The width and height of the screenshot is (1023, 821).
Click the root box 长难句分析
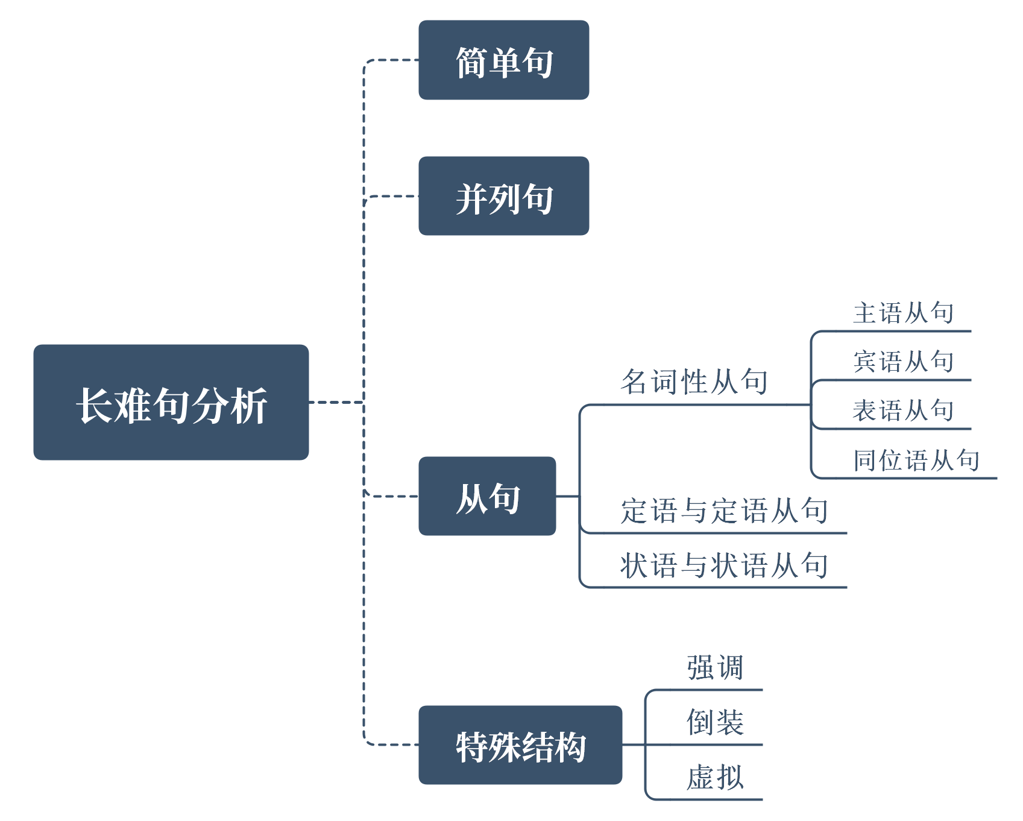171,402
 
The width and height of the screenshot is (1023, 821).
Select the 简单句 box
503,60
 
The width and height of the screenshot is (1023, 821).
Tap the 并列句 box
503,196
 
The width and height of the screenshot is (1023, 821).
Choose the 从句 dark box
487,496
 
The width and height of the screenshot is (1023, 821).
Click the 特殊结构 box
520,745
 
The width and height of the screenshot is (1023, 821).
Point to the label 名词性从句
694,382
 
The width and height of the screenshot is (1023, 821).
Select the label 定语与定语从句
724,511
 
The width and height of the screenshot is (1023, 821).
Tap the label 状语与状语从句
724,565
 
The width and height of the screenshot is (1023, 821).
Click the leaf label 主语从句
903,313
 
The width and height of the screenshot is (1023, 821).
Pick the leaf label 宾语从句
903,362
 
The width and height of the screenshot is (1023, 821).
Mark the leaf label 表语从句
903,410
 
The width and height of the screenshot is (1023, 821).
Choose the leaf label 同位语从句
916,460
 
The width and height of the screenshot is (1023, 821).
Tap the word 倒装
715,722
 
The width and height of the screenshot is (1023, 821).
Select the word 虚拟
715,777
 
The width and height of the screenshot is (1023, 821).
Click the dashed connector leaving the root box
335,402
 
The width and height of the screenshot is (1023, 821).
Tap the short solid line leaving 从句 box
567,496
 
